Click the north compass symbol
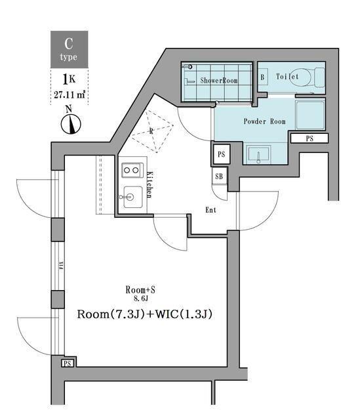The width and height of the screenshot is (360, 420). pos(71,124)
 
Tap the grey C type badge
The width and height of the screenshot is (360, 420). pos(70,49)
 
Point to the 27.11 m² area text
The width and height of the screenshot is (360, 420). pos(70,94)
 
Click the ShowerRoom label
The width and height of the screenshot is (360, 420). pos(218,80)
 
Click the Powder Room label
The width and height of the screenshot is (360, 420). pos(264,121)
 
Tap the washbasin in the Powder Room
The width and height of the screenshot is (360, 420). pos(258,155)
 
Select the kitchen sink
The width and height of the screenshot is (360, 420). pos(132,197)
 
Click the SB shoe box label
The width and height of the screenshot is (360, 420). pos(219,177)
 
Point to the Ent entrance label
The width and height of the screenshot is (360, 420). pos(210,210)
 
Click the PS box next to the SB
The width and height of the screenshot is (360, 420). pos(222,154)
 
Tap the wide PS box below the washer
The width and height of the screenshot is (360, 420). pos(310,138)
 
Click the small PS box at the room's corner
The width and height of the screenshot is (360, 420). pos(68,364)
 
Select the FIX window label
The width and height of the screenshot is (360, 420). pos(61,265)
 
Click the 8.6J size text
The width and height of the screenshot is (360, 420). pos(140,299)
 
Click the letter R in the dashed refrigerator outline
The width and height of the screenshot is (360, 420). pos(151,131)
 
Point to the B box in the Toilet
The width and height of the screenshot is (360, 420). pos(262,77)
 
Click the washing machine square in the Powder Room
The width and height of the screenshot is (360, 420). pos(310,115)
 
